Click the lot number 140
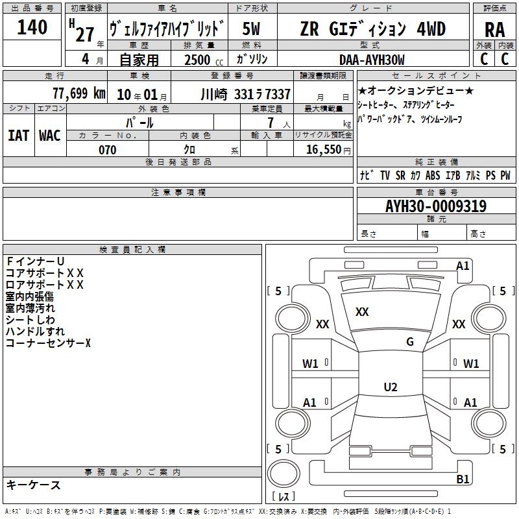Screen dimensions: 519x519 click(x=32, y=27)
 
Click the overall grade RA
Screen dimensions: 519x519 click(x=494, y=30)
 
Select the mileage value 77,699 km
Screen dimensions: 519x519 click(x=79, y=93)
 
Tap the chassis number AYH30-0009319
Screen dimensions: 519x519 click(x=436, y=206)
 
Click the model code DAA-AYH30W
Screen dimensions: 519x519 click(x=372, y=60)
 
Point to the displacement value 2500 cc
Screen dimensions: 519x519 click(x=204, y=60)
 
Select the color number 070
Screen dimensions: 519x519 click(x=107, y=150)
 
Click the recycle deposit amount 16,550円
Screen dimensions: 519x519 click(x=328, y=150)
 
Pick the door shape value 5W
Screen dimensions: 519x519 click(x=251, y=29)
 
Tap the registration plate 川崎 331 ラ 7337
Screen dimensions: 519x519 click(x=246, y=95)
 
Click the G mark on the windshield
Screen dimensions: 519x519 click(x=410, y=341)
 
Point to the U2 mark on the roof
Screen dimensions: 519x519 click(x=391, y=387)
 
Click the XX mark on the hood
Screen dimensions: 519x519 click(x=362, y=312)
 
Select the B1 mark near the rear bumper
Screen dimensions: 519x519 click(x=463, y=479)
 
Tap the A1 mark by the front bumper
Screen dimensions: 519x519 click(x=463, y=266)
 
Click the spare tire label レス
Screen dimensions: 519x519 click(x=284, y=496)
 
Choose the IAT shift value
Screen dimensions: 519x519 click(x=19, y=136)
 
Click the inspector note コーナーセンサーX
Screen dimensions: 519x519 click(x=48, y=343)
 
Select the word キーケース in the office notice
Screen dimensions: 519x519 click(x=33, y=485)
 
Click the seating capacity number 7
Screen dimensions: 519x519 click(x=271, y=123)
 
